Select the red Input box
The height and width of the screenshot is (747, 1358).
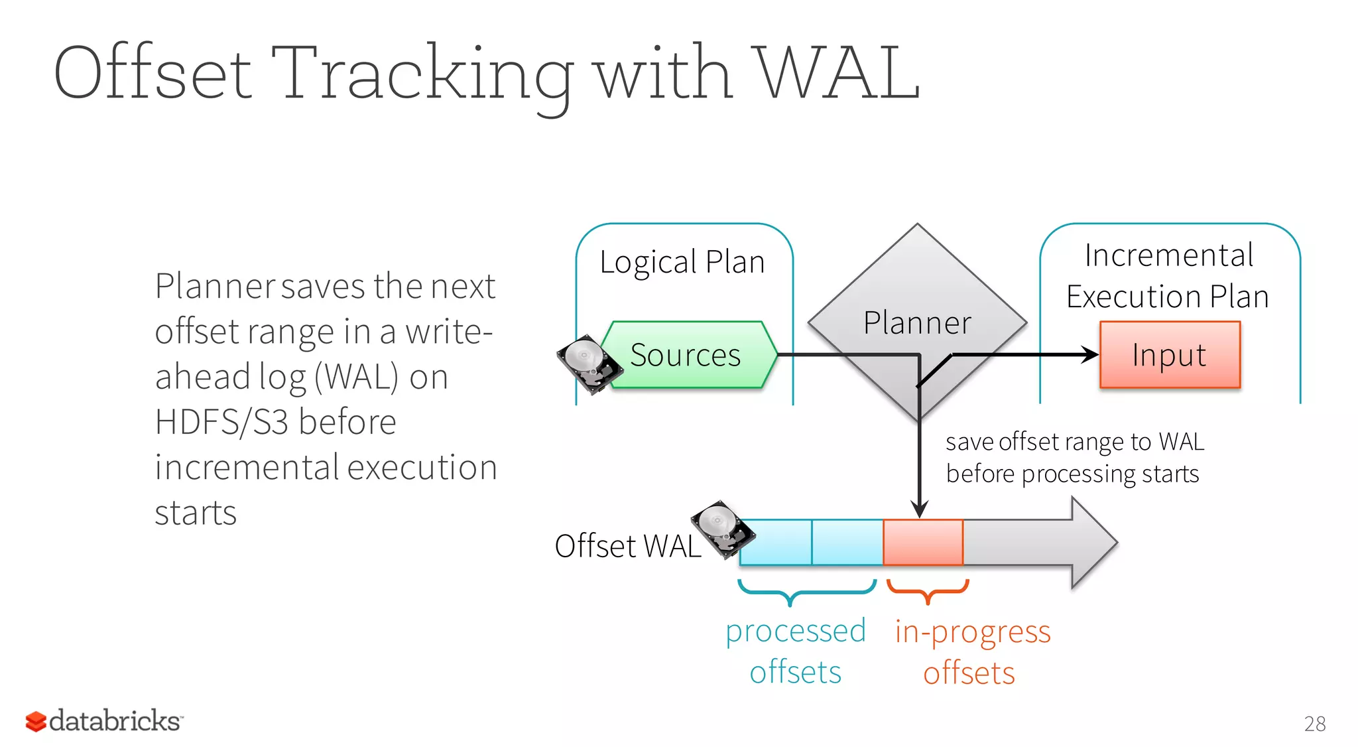click(1170, 355)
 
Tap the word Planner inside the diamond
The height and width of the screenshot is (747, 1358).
click(917, 323)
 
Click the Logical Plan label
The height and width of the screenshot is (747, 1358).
click(682, 262)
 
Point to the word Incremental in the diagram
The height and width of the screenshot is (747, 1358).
click(1168, 255)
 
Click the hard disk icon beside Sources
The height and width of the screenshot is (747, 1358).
click(587, 364)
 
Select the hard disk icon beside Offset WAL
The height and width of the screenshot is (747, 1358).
click(721, 528)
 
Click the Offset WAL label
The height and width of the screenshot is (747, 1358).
click(627, 546)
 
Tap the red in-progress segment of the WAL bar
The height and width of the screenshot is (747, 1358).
click(923, 542)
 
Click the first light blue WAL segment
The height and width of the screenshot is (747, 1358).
click(775, 542)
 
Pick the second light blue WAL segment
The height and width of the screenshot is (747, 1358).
click(847, 542)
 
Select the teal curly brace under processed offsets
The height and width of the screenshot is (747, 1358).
click(806, 590)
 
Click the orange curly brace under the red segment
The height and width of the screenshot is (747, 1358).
click(928, 590)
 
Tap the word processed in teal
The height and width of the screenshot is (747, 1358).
click(795, 632)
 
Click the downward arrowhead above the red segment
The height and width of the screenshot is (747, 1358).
click(919, 509)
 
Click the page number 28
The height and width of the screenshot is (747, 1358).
click(1314, 724)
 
